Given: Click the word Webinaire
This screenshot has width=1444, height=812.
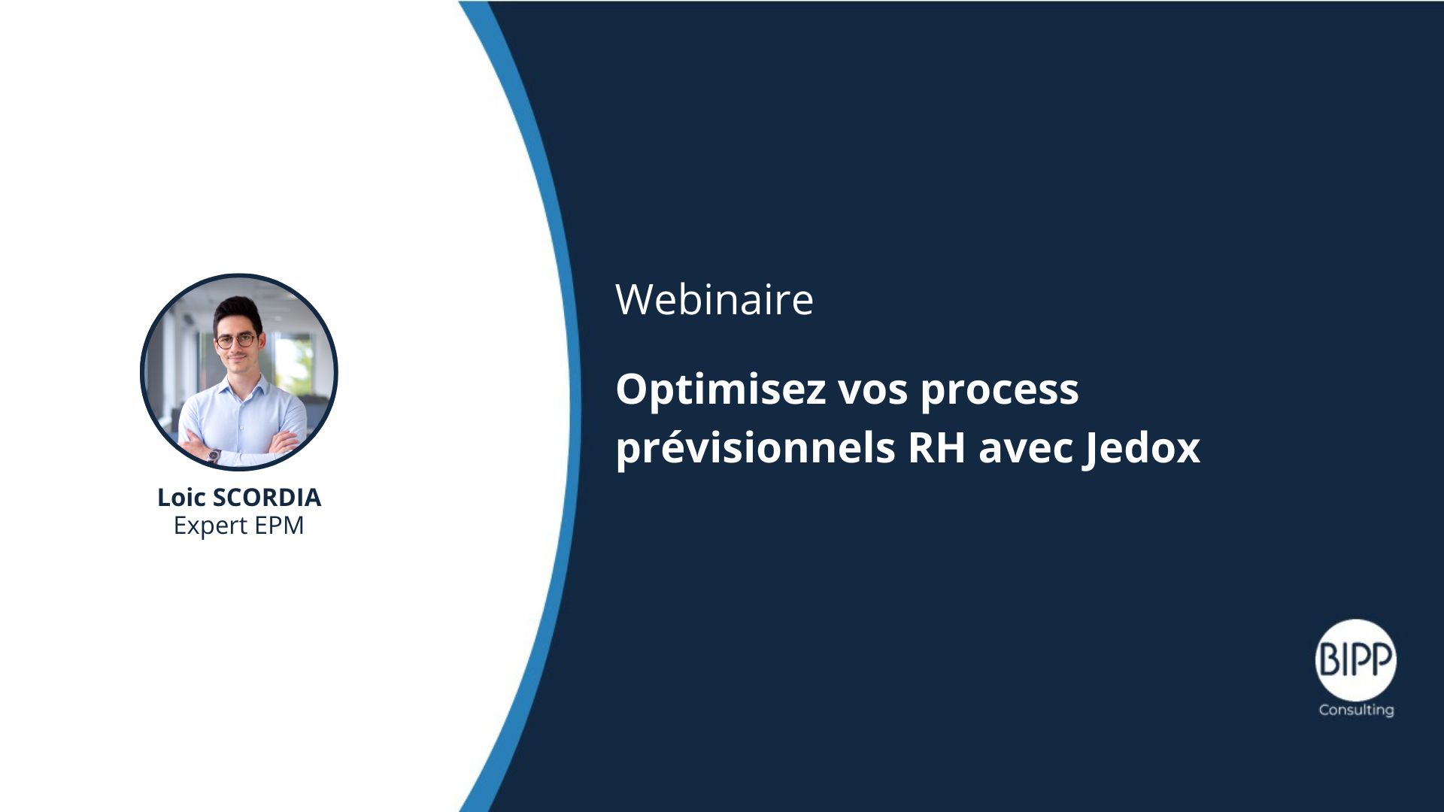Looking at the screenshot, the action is pyautogui.click(x=714, y=299).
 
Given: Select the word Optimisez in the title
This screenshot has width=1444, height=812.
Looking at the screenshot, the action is pyautogui.click(x=721, y=390).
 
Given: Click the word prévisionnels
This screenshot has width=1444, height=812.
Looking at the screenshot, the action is pyautogui.click(x=756, y=449).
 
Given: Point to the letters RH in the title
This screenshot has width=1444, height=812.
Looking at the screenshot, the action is pyautogui.click(x=936, y=447).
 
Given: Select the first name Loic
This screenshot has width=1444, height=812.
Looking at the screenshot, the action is pyautogui.click(x=181, y=497).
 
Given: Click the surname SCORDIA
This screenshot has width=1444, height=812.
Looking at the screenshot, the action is pyautogui.click(x=267, y=498).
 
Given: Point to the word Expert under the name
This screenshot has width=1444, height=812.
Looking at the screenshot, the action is pyautogui.click(x=211, y=526).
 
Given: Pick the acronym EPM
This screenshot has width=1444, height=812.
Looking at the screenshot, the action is pyautogui.click(x=280, y=525).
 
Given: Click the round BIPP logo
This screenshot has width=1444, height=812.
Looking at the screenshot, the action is pyautogui.click(x=1355, y=660).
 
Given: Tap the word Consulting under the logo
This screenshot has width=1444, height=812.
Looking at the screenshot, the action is pyautogui.click(x=1356, y=710).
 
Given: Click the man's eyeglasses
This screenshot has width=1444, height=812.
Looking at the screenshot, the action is pyautogui.click(x=235, y=341).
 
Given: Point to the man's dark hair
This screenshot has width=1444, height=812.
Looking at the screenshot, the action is pyautogui.click(x=237, y=312).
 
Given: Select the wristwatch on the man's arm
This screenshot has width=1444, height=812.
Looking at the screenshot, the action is pyautogui.click(x=214, y=455).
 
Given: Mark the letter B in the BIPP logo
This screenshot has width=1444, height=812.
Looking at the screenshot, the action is pyautogui.click(x=1329, y=660).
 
